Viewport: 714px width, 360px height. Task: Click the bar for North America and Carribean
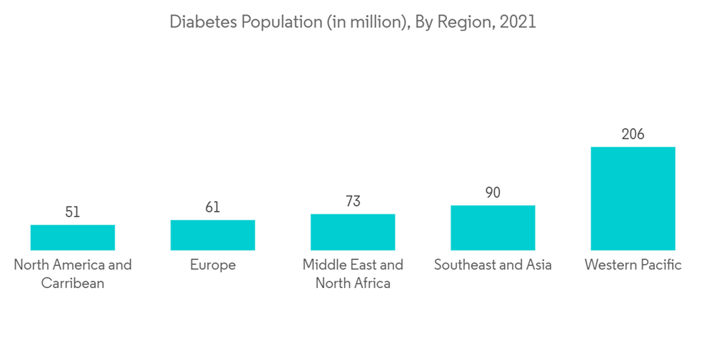pos(73,237)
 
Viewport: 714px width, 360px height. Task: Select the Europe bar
pos(213,235)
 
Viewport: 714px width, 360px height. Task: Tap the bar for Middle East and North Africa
pos(353,232)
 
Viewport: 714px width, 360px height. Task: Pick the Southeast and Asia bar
pos(493,228)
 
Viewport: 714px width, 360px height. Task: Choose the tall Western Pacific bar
pos(633,199)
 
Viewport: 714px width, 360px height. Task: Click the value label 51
pos(73,212)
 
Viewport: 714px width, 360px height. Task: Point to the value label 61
pos(213,207)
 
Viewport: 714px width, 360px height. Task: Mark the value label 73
pos(353,201)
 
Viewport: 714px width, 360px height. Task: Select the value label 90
pos(493,193)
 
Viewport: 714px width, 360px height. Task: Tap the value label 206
pos(633,134)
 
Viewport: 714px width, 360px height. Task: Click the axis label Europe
pos(213,265)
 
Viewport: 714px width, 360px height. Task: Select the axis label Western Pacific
pos(633,265)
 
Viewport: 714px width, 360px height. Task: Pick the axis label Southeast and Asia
pos(493,265)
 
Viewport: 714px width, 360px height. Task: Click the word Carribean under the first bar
pos(73,283)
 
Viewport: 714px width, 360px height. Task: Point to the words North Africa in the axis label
pos(353,283)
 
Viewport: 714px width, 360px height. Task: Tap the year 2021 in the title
pos(518,22)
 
